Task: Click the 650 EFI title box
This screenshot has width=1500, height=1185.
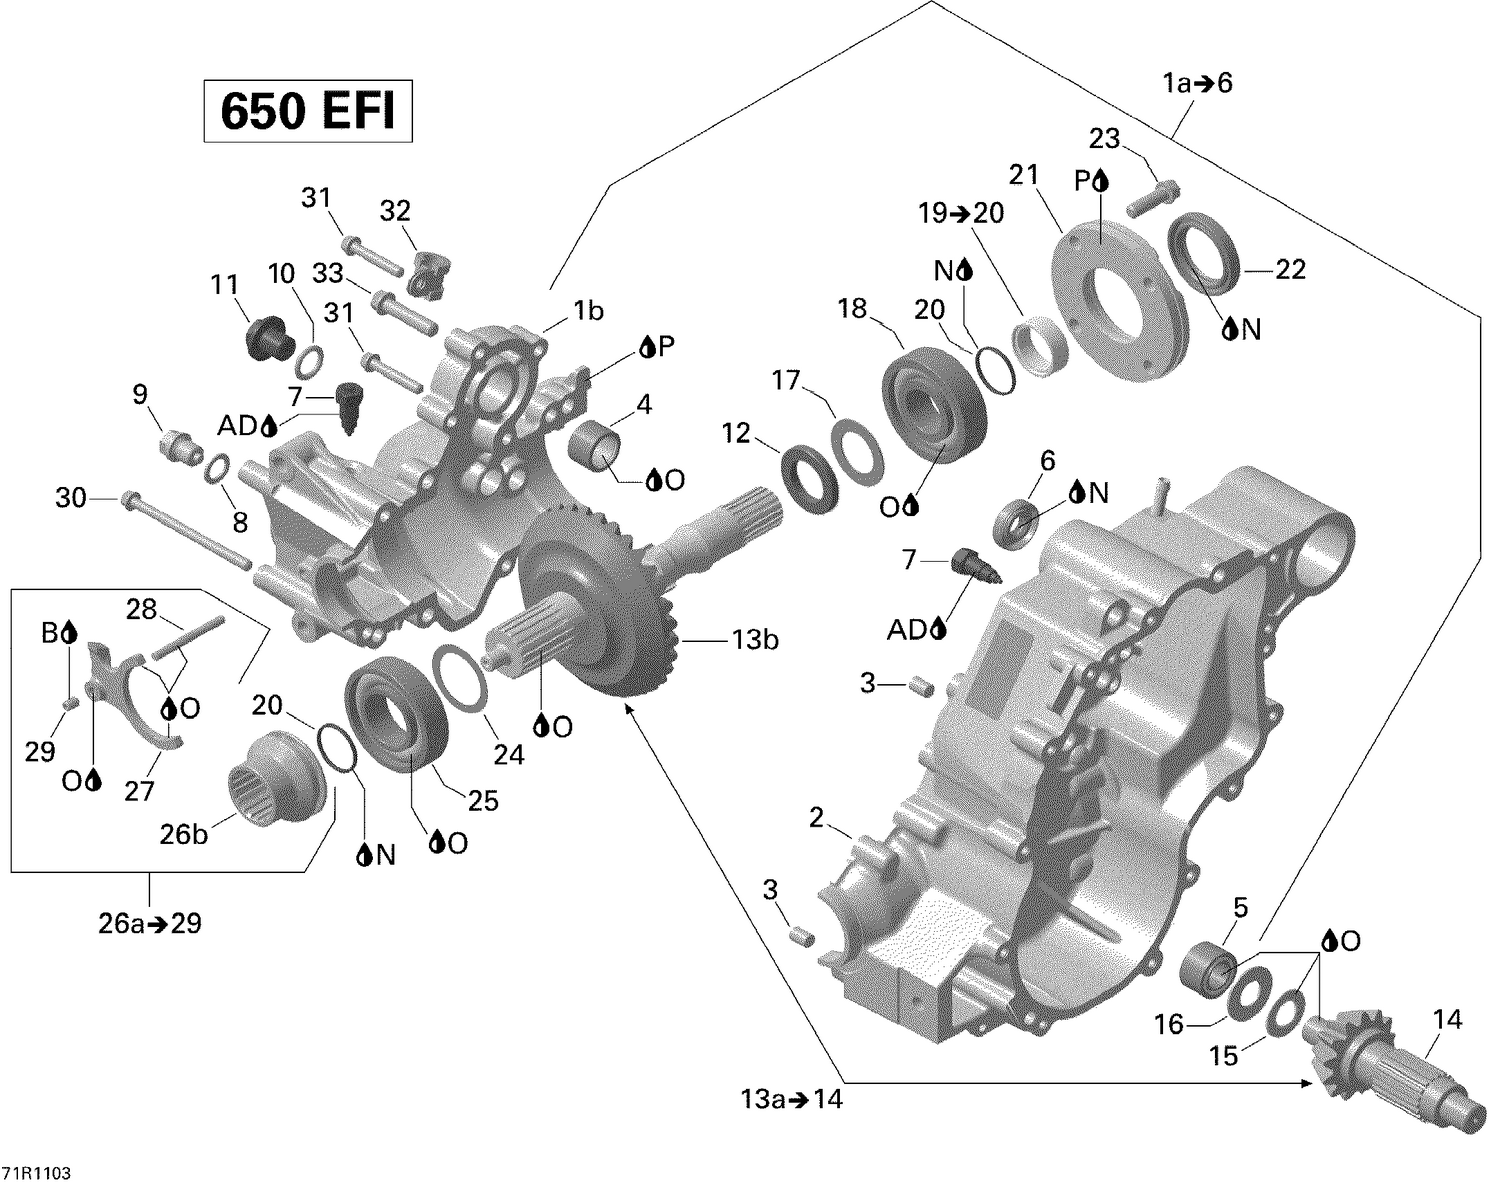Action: click(308, 111)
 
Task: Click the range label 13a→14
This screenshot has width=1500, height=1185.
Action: click(786, 1100)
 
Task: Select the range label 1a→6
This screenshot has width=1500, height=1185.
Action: click(1198, 83)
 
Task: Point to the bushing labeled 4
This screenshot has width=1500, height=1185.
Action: click(597, 444)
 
